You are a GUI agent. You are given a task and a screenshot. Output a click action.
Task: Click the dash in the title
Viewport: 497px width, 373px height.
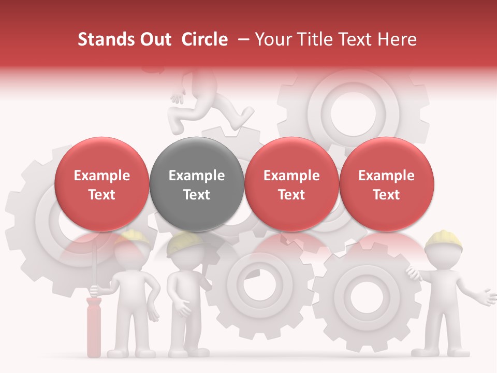[241, 39]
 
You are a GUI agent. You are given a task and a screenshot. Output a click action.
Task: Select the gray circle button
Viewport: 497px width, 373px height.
[197, 184]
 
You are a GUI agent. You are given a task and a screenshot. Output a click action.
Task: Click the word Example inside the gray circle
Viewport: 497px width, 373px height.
[197, 176]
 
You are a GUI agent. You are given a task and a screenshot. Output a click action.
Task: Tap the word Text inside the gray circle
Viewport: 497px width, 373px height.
[197, 195]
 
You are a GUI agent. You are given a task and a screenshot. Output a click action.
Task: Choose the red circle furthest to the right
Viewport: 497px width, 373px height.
[387, 184]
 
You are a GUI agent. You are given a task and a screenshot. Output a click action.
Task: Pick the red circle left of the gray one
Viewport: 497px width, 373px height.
[102, 184]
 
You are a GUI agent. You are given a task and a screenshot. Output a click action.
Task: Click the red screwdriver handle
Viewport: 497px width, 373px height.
[94, 326]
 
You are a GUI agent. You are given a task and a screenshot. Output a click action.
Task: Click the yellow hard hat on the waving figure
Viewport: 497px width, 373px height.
[444, 238]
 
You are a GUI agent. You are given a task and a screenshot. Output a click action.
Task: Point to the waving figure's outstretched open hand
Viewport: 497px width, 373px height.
[487, 296]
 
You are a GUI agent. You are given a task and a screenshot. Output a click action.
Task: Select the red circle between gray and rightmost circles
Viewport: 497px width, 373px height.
[291, 184]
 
